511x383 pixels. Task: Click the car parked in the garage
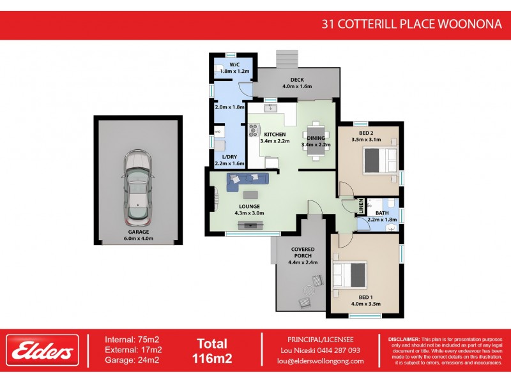pyautogui.click(x=138, y=186)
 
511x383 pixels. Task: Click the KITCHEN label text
pyautogui.click(x=275, y=135)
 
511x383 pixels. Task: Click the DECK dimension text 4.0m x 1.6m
pyautogui.click(x=297, y=86)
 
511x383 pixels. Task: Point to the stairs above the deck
pyautogui.click(x=287, y=61)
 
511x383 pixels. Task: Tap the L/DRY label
pyautogui.click(x=229, y=157)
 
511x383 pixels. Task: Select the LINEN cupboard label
pyautogui.click(x=360, y=206)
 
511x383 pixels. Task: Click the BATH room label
pyautogui.click(x=382, y=213)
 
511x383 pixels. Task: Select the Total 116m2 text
pyautogui.click(x=212, y=351)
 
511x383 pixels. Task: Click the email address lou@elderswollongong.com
pyautogui.click(x=320, y=361)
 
